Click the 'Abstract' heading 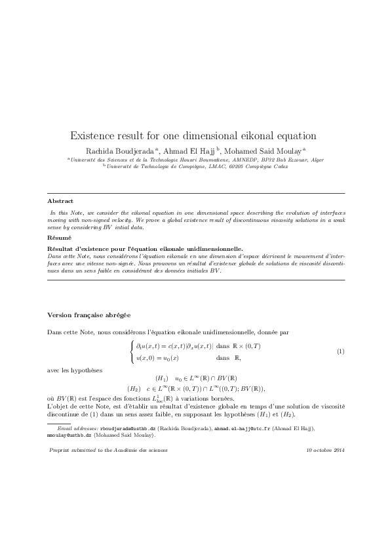coord(60,200)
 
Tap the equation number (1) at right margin coord(340,352)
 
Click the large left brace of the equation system coord(132,351)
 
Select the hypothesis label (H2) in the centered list coord(134,389)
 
